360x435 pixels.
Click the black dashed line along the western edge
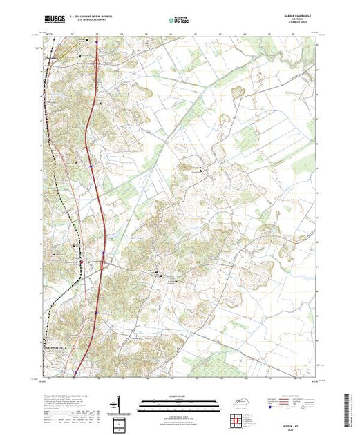tap(55, 173)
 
